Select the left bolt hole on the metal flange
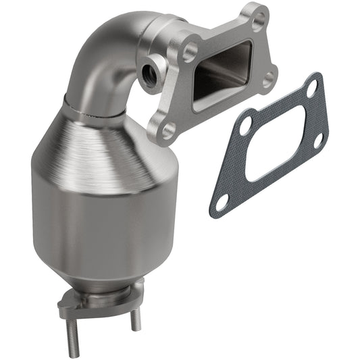pos(190,50)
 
